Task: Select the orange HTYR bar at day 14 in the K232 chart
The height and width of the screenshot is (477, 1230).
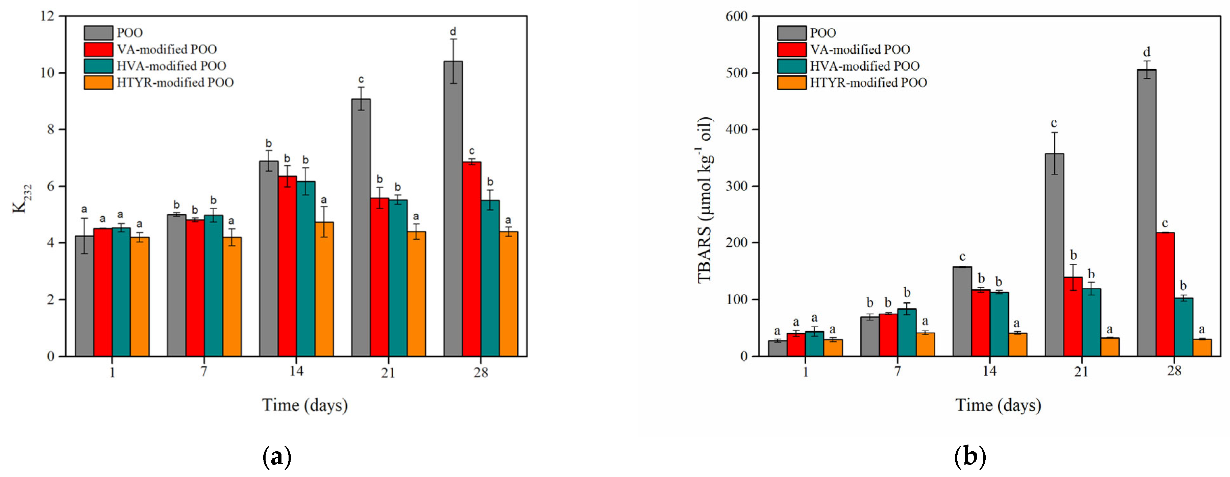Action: [324, 289]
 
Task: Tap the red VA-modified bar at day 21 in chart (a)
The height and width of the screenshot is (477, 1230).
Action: [379, 277]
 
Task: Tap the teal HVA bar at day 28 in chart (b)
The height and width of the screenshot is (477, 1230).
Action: [1183, 327]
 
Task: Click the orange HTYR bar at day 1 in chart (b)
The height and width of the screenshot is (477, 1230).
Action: [833, 348]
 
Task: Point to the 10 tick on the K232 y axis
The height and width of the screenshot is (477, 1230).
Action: [48, 73]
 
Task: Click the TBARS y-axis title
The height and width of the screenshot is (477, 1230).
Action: [705, 199]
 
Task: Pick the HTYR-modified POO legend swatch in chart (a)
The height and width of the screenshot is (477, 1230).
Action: [98, 82]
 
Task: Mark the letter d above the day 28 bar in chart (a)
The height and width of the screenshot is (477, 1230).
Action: [453, 32]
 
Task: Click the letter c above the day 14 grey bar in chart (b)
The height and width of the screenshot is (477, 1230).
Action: [962, 257]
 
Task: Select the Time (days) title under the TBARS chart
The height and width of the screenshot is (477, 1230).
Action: [998, 405]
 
